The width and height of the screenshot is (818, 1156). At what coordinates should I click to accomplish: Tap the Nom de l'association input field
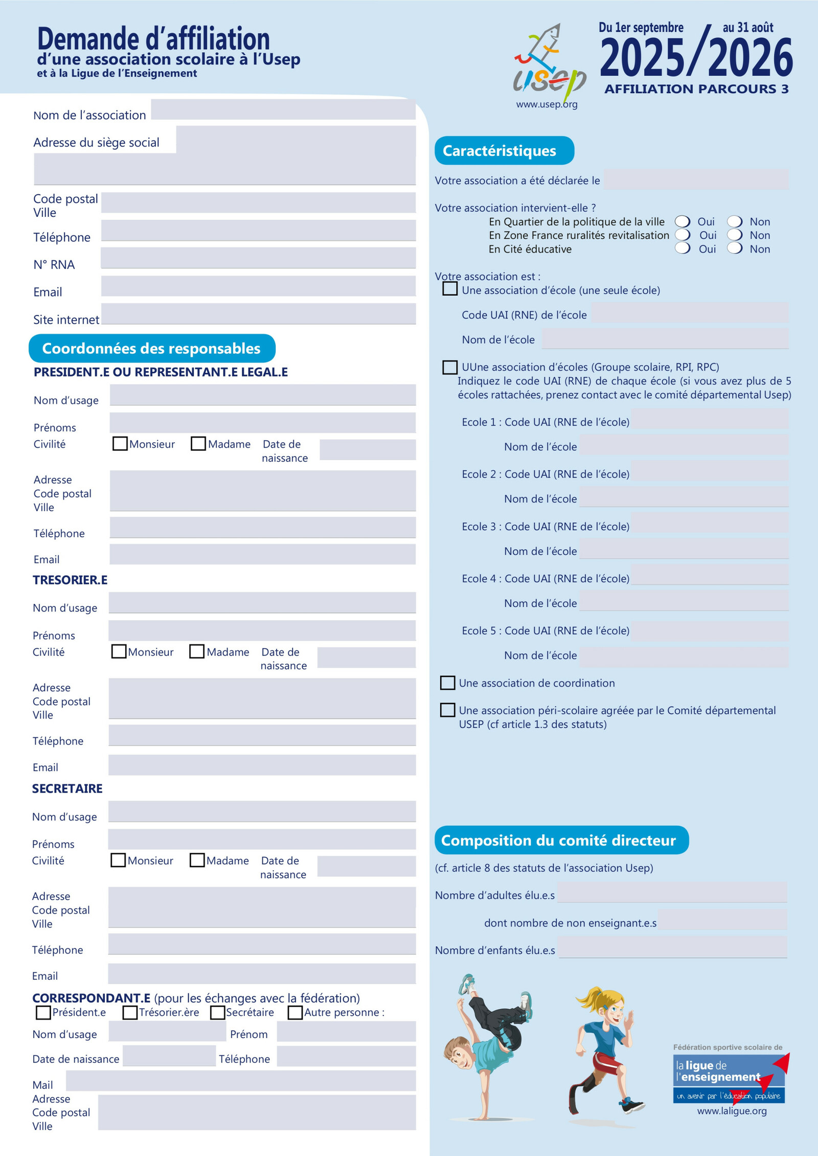coord(283,110)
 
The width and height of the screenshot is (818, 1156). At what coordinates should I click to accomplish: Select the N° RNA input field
coord(258,258)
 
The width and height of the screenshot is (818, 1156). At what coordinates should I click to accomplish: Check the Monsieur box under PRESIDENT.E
coord(120,443)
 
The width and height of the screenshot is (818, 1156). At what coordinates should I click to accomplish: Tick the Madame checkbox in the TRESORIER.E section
coord(197,651)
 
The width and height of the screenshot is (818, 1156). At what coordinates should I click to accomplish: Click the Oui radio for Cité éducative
coord(683,248)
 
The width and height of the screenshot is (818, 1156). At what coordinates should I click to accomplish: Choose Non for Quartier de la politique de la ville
coord(735,221)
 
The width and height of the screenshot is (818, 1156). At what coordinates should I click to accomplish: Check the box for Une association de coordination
coord(447,683)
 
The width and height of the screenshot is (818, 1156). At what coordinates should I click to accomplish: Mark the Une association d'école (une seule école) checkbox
coord(450,289)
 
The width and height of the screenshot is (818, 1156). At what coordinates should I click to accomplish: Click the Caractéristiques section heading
coord(504,151)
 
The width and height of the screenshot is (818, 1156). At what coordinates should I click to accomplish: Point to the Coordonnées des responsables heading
coord(152,349)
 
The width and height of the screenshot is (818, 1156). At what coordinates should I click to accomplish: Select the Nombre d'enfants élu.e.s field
coord(672,947)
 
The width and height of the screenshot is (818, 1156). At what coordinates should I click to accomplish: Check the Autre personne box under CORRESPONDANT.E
coord(294,1012)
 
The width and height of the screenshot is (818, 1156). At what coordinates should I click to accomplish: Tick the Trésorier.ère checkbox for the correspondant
coord(130,1012)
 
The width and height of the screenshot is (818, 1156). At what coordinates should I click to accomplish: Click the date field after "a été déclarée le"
coord(696,180)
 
